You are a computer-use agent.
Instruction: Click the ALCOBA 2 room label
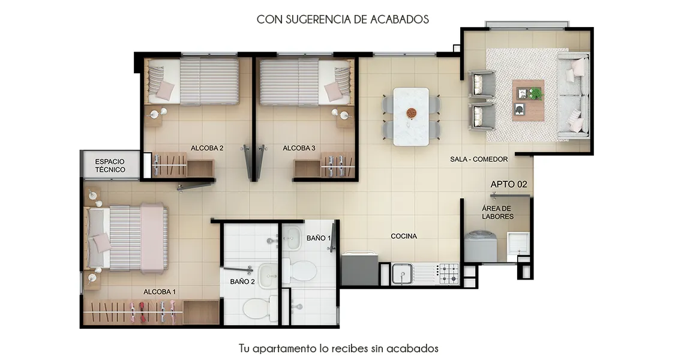coord(207,148)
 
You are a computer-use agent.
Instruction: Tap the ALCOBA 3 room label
coord(299,148)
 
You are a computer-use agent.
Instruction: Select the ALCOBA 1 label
coord(160,292)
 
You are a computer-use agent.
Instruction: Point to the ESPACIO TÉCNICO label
coord(110,166)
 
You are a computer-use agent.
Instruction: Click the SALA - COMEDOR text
coord(479,159)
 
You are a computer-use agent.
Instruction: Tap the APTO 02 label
coord(509,184)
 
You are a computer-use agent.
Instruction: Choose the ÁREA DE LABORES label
coord(497,212)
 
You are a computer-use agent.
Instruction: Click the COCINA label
coord(404,236)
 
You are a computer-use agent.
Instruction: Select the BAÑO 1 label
coord(319,238)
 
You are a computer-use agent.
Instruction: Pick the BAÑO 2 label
coord(242,282)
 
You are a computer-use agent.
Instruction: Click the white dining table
coord(411,116)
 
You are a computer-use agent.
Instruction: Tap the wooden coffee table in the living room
coord(529,100)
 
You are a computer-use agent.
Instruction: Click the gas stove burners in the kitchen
coord(449,274)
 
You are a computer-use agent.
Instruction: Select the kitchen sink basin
coord(402,274)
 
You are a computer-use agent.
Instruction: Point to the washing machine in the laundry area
coord(480,247)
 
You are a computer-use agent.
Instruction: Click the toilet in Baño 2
coord(258,307)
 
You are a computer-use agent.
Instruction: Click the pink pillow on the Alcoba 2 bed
coord(165,91)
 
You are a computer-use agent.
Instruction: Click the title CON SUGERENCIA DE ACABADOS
coord(343,19)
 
